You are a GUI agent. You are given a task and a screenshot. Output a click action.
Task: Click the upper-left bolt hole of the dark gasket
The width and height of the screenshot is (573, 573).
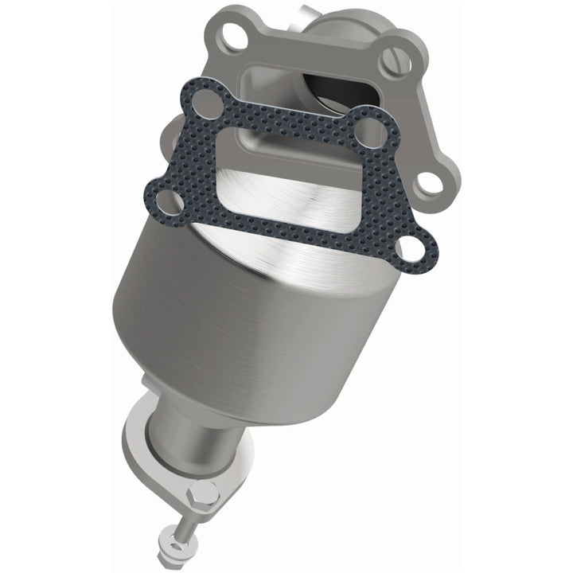(x=209, y=101)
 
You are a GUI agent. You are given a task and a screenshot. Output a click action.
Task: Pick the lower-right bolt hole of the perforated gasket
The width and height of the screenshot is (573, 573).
(x=411, y=248)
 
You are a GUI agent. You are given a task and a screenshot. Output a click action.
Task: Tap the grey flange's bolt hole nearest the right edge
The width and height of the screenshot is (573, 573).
(x=430, y=182)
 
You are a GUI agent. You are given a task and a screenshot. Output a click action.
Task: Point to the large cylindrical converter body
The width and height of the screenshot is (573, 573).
(x=239, y=310)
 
